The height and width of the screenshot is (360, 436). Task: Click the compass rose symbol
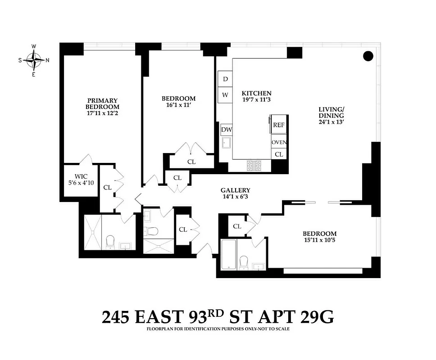coord(34,60)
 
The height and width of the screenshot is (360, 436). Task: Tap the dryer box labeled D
coord(225,79)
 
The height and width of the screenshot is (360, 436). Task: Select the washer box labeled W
coord(225,95)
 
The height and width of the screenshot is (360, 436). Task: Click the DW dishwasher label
coord(226,130)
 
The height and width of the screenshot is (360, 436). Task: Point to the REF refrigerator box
coord(279,125)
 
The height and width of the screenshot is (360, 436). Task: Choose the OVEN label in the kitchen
coord(279,143)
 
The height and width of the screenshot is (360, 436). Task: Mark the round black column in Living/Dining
coord(368,56)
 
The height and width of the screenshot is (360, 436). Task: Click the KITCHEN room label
coord(256,94)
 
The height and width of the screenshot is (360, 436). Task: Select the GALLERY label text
coord(235,190)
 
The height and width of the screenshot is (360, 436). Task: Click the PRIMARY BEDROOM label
coord(103,103)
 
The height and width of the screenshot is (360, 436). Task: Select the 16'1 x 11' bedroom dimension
coord(178,106)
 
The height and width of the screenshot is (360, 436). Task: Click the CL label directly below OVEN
coord(279,154)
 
